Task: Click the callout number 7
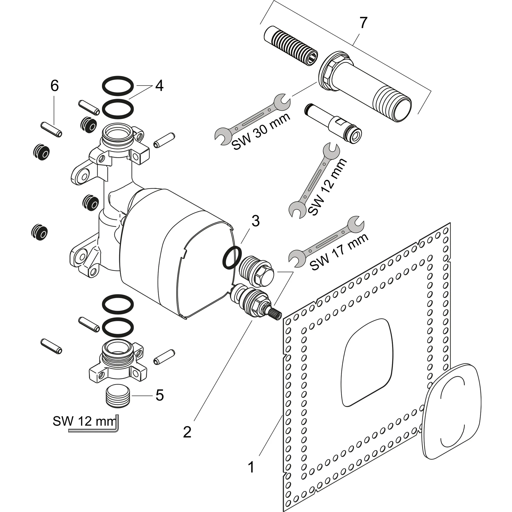363,23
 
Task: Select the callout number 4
159,86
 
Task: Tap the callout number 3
255,221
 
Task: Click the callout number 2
187,439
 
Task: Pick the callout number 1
251,467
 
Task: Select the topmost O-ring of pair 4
118,86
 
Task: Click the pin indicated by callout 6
51,129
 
